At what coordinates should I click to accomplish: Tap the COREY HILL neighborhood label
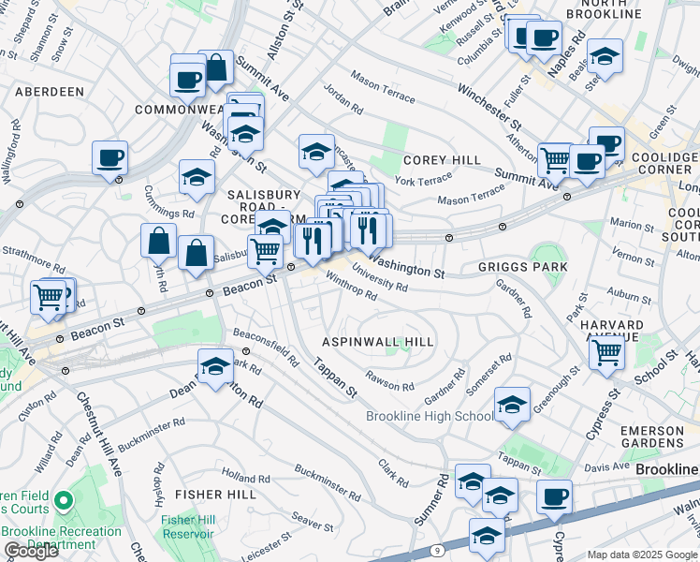click(442, 160)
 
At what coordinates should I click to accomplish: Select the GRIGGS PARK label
click(522, 267)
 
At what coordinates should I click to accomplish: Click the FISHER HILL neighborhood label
click(215, 494)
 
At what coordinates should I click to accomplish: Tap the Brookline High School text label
click(430, 417)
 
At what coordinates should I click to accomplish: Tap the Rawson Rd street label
click(390, 382)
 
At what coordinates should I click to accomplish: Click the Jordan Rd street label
click(343, 98)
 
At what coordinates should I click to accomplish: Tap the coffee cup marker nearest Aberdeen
click(109, 158)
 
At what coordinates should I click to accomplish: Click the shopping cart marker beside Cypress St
click(606, 353)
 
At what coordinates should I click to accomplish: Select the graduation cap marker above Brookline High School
click(512, 404)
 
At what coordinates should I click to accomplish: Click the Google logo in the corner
click(32, 551)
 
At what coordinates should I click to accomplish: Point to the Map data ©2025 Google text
click(643, 555)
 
